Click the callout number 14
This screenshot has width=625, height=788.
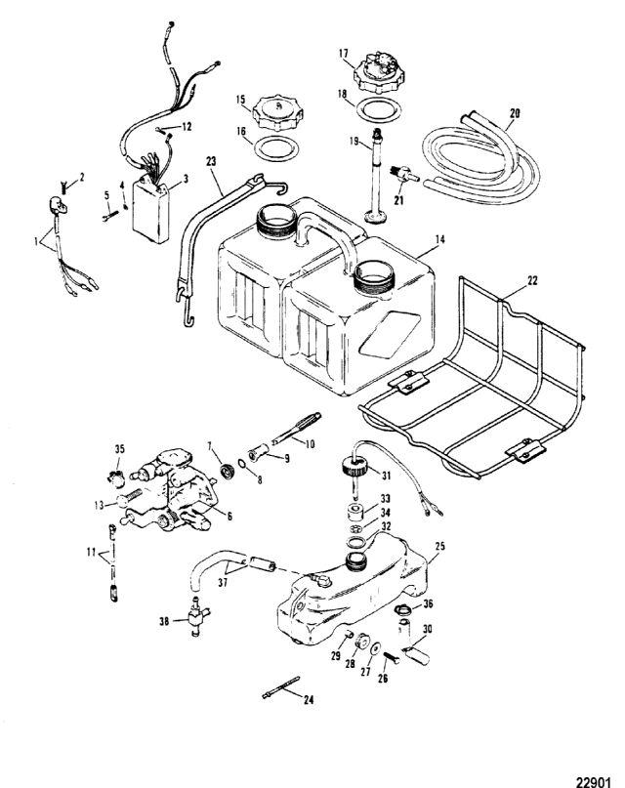pyautogui.click(x=439, y=240)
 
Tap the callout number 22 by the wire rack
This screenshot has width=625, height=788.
pyautogui.click(x=531, y=280)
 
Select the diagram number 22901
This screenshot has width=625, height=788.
pyautogui.click(x=594, y=781)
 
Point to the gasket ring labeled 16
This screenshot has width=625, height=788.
pyautogui.click(x=275, y=148)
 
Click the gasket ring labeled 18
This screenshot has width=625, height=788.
pyautogui.click(x=375, y=109)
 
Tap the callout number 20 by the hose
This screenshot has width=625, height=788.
pyautogui.click(x=514, y=113)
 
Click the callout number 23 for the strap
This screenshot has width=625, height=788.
pyautogui.click(x=211, y=161)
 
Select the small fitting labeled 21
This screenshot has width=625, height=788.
pyautogui.click(x=404, y=175)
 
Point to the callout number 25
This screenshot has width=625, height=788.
pyautogui.click(x=439, y=546)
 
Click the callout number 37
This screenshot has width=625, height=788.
pyautogui.click(x=223, y=583)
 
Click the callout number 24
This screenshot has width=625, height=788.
pyautogui.click(x=309, y=699)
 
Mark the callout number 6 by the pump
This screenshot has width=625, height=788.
pyautogui.click(x=229, y=517)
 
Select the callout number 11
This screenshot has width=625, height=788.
pyautogui.click(x=91, y=553)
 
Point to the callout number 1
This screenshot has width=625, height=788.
pyautogui.click(x=36, y=242)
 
